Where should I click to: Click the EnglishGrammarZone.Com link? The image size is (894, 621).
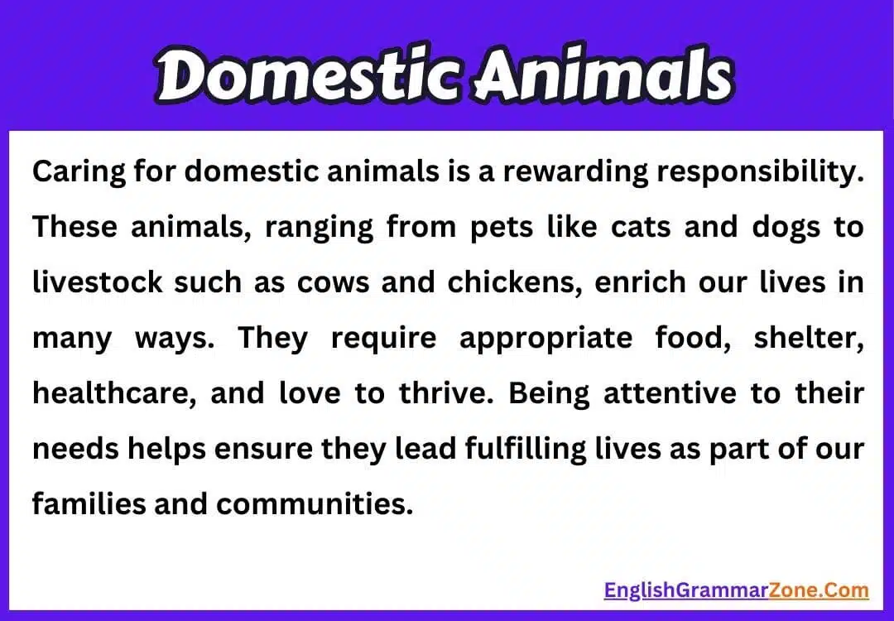coord(736,590)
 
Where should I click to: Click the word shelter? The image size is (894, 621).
coord(809,338)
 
